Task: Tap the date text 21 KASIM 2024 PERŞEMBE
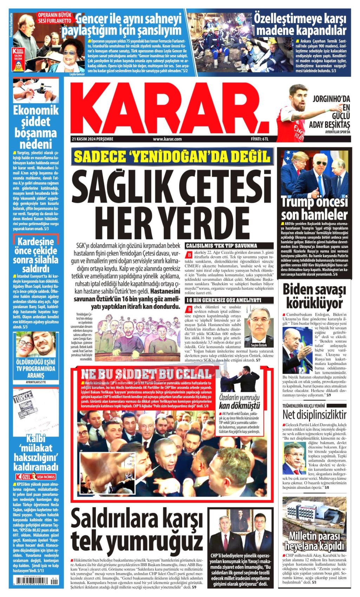tap(92, 139)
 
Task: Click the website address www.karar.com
tap(167, 139)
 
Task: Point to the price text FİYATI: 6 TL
tap(260, 139)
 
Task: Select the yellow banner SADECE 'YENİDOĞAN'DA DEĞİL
tap(172, 156)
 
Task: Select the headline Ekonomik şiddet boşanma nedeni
tap(36, 127)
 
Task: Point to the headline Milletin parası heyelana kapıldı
tap(314, 541)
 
